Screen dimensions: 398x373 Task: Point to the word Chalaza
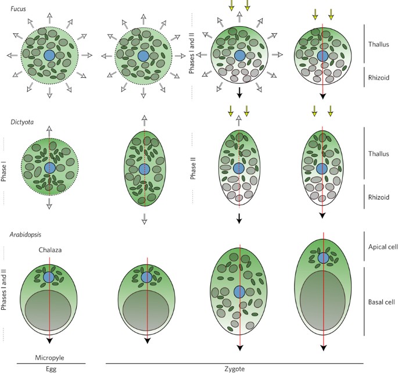click(50, 250)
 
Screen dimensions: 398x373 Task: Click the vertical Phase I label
click(5, 171)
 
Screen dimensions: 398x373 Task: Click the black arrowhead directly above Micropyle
click(50, 340)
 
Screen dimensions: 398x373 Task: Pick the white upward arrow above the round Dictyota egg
click(49, 131)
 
